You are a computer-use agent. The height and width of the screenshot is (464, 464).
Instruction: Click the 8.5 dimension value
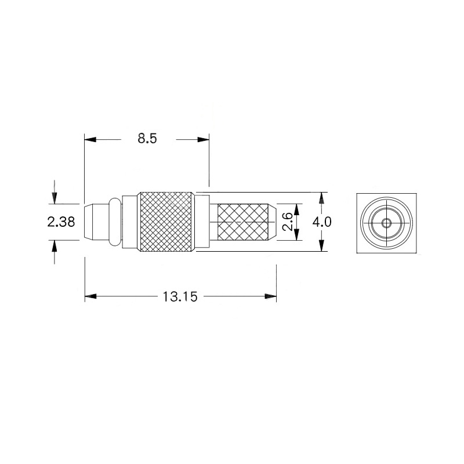pyautogui.click(x=147, y=139)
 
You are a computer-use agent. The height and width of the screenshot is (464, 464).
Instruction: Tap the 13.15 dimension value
pyautogui.click(x=180, y=296)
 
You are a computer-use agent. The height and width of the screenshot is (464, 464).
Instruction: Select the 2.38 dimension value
pyautogui.click(x=61, y=222)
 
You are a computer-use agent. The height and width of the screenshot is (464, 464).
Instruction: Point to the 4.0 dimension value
pyautogui.click(x=322, y=222)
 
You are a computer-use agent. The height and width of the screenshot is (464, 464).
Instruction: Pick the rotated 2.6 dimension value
pyautogui.click(x=288, y=222)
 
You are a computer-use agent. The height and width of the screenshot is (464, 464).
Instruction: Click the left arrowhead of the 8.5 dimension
pyautogui.click(x=90, y=139)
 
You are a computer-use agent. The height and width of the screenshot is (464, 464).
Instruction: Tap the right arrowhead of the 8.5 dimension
pyautogui.click(x=204, y=139)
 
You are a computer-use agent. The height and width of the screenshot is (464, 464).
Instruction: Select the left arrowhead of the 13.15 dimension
pyautogui.click(x=90, y=296)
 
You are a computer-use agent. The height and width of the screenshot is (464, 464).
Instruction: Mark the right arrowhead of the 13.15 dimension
pyautogui.click(x=270, y=296)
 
